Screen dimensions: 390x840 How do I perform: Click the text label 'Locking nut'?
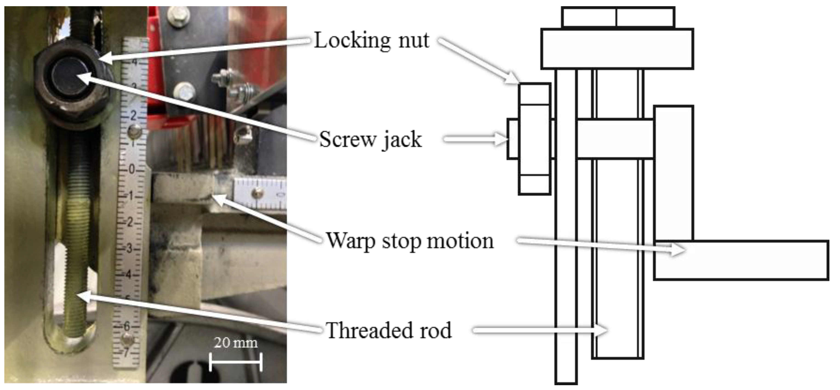[x=371, y=40]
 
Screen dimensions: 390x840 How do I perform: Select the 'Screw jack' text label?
[x=370, y=139]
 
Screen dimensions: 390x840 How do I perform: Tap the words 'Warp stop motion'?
[x=410, y=241]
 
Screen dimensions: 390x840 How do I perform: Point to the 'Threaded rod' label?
[x=389, y=330]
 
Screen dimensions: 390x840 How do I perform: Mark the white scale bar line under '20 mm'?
[x=235, y=362]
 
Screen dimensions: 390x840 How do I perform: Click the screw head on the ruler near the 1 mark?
[x=134, y=132]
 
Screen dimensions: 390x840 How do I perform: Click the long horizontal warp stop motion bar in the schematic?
[x=741, y=260]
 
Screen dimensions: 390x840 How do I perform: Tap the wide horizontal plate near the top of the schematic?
[x=617, y=49]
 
